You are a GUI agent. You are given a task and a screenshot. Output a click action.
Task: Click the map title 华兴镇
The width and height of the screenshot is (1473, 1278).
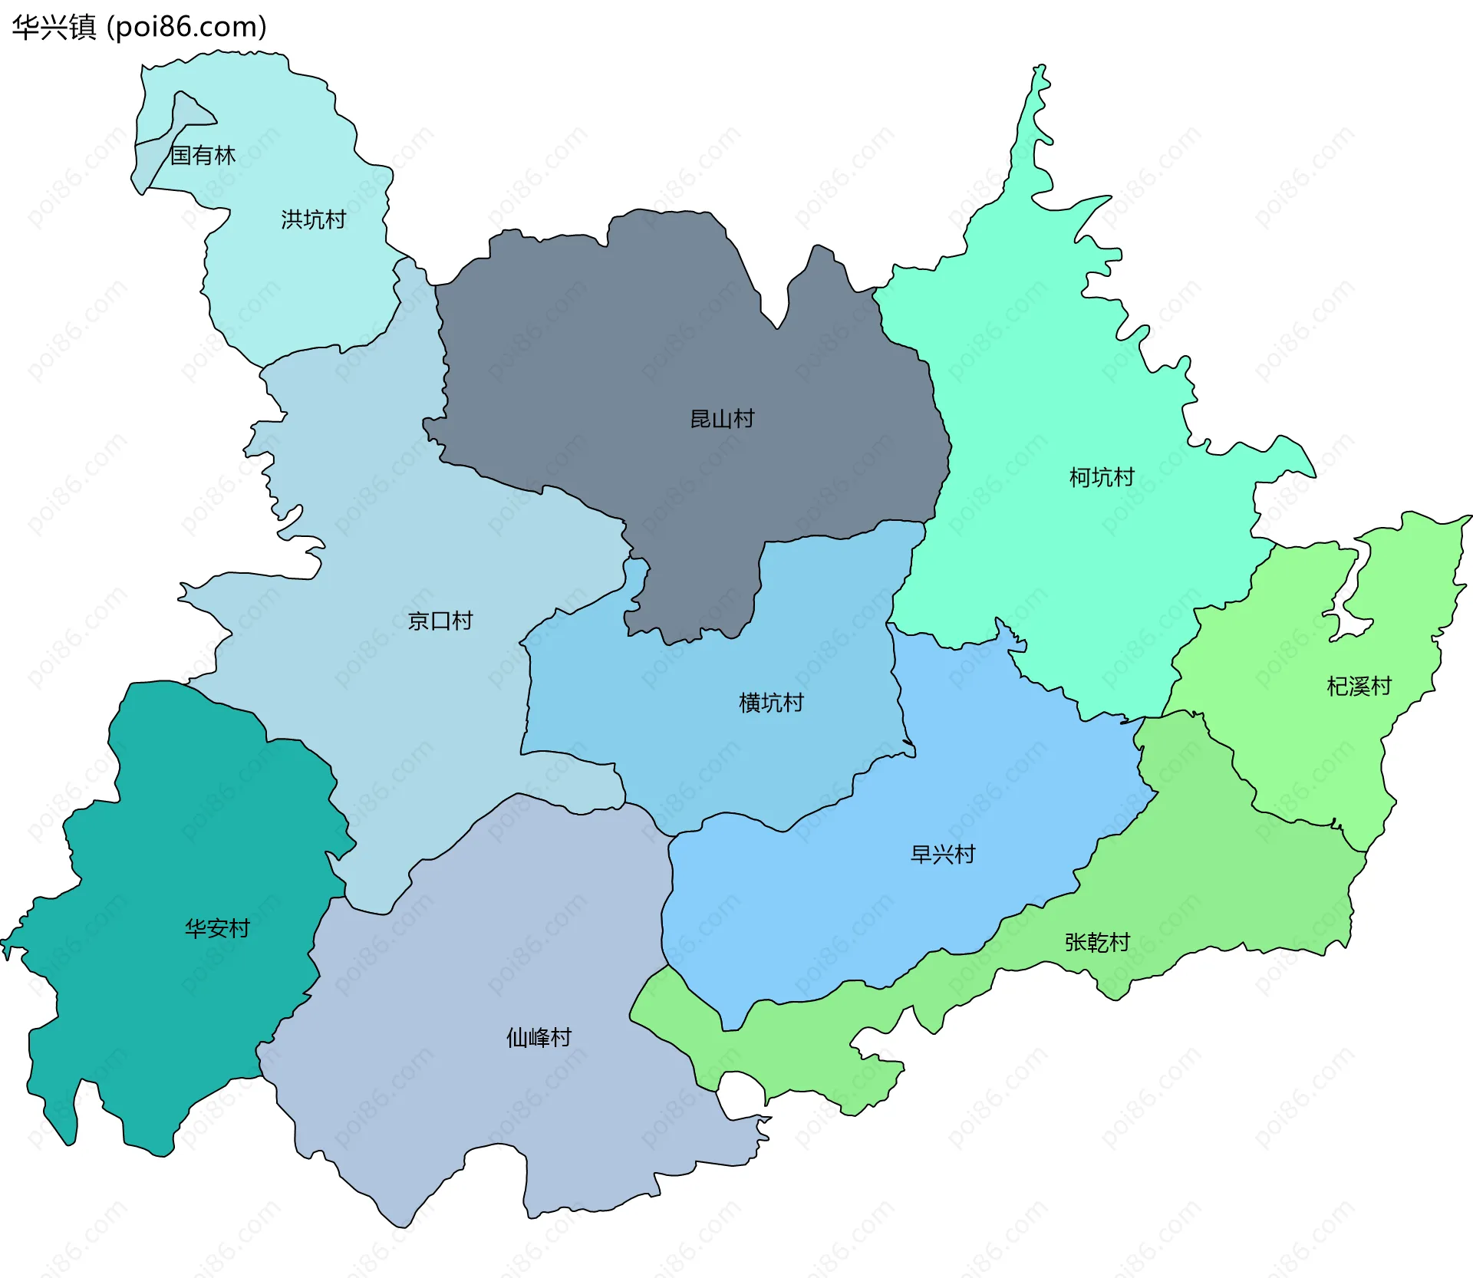(54, 27)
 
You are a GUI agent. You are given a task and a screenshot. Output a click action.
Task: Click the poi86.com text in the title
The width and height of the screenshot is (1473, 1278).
(186, 27)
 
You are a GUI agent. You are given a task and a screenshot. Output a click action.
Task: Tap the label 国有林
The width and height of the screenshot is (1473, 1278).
(203, 155)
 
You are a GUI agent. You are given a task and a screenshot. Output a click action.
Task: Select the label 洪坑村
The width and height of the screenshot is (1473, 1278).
(313, 219)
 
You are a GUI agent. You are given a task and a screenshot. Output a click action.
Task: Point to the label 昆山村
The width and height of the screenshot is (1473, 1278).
(722, 419)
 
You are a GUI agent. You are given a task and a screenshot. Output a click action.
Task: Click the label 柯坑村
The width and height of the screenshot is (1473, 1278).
(1102, 477)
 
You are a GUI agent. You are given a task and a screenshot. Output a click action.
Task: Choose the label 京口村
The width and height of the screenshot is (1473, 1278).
(440, 621)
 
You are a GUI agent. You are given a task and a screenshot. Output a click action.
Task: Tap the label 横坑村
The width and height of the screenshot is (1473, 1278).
(771, 703)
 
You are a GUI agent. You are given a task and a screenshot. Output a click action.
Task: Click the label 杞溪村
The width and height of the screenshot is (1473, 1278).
(1359, 686)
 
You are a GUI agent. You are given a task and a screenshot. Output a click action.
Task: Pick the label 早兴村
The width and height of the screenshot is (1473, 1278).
(942, 854)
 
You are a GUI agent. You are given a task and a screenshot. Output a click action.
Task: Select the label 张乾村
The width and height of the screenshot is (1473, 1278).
(1097, 942)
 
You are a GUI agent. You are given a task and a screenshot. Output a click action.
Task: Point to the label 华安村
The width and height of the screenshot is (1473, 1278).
(217, 928)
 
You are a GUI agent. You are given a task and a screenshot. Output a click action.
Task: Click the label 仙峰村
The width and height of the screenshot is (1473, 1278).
(539, 1037)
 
